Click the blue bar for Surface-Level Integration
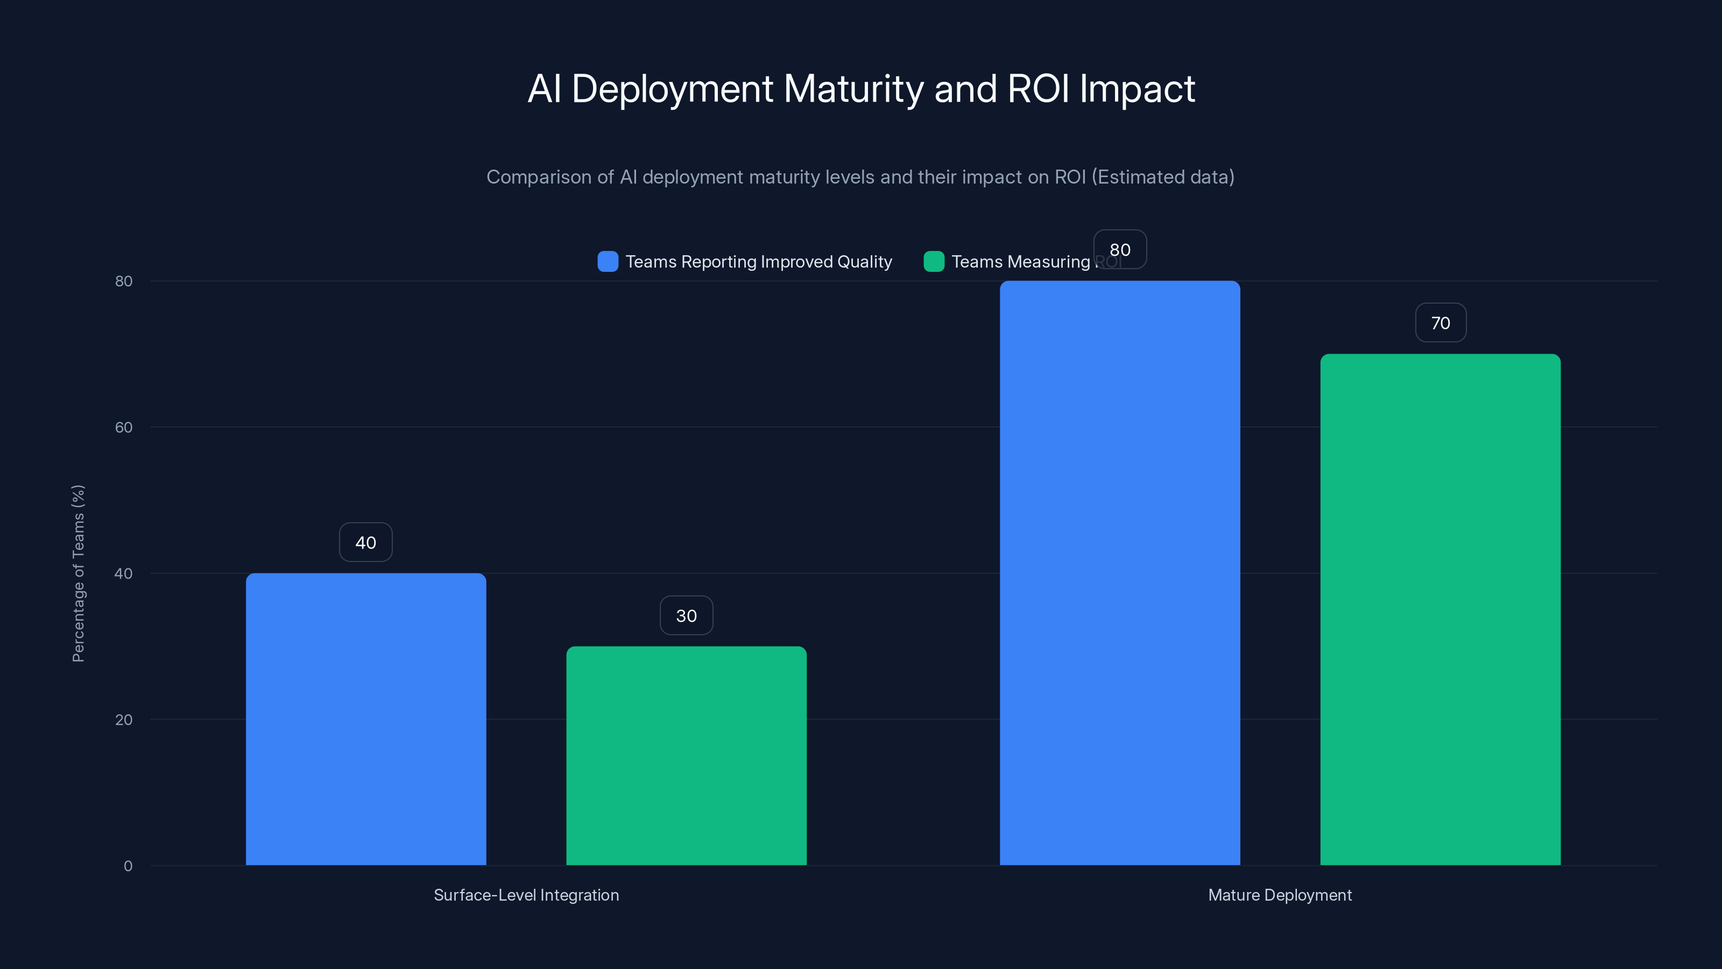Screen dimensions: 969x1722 (366, 719)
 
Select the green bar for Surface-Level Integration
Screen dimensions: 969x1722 (686, 756)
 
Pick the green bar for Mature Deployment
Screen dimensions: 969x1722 (1440, 609)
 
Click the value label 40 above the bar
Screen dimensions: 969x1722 (366, 542)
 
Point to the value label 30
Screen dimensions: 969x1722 (686, 615)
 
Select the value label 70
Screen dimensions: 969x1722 (1440, 323)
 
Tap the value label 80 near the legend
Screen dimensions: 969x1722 (1120, 249)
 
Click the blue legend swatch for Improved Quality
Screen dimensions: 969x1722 (608, 262)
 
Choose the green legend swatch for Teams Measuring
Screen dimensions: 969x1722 (933, 262)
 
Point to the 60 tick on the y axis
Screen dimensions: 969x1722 (124, 427)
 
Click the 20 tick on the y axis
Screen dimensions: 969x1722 (124, 720)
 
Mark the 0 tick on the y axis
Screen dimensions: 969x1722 (128, 866)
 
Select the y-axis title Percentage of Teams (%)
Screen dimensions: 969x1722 (78, 573)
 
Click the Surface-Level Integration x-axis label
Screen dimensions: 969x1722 (526, 895)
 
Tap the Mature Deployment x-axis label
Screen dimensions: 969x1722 (1280, 895)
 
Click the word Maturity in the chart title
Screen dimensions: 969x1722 (853, 89)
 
